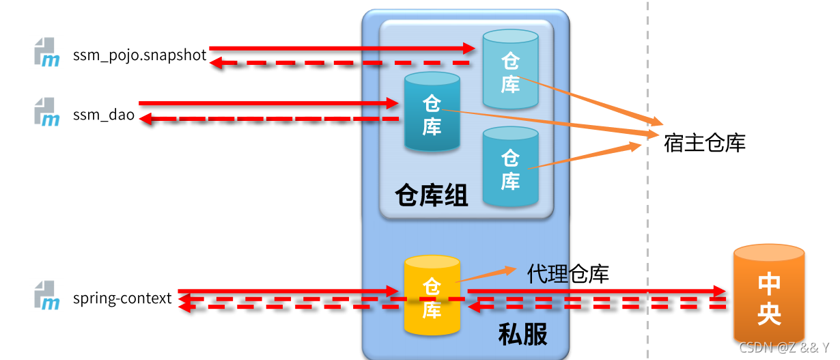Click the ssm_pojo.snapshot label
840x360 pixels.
[x=139, y=55]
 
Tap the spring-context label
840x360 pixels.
[x=122, y=299]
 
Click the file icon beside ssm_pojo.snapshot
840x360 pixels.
[x=47, y=53]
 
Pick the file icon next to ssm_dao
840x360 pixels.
[x=47, y=112]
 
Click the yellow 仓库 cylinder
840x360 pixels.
[x=432, y=296]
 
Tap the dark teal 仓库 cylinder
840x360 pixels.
[x=432, y=112]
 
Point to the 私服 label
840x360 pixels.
[x=522, y=335]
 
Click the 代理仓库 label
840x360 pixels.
[x=568, y=274]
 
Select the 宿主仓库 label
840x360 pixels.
[x=704, y=143]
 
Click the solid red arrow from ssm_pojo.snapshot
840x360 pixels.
[x=341, y=48]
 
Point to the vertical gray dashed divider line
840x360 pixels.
[x=647, y=205]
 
